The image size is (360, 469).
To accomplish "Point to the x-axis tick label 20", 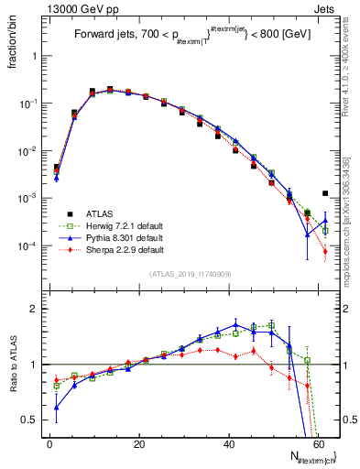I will click(x=139, y=444).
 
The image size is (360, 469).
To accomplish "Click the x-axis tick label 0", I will click(x=49, y=444).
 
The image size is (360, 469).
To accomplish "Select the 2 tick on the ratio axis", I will click(x=37, y=309).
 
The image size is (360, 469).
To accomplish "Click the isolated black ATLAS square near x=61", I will click(x=325, y=193).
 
